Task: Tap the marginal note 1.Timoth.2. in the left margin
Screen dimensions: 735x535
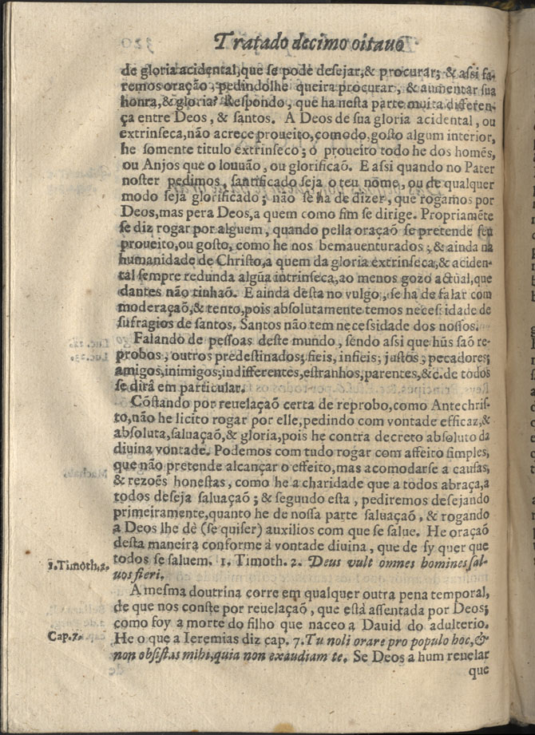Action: (77, 565)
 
